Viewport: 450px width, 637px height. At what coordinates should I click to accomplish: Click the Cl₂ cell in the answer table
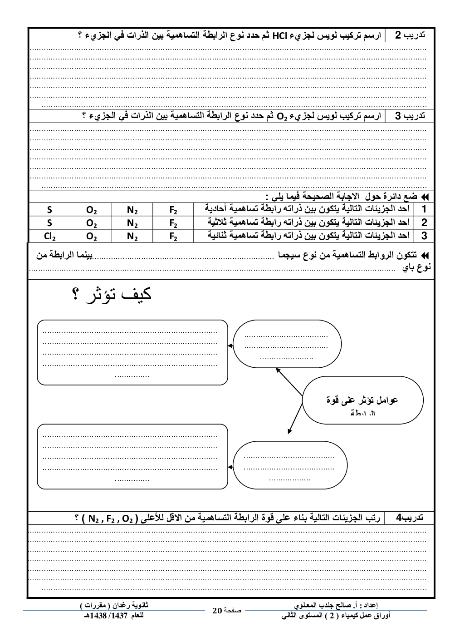pos(49,236)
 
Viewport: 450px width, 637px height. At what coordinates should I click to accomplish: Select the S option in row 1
pos(49,210)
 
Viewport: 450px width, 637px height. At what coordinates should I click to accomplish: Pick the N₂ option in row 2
pos(132,223)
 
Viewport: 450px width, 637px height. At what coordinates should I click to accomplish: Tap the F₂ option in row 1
pos(173,210)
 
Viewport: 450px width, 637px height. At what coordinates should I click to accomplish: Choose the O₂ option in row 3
pos(91,236)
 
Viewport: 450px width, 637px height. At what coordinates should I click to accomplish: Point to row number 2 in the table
pos(424,222)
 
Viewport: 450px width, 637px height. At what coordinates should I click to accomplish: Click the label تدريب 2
pos(410,35)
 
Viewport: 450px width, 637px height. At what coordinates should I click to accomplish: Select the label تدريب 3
pos(410,116)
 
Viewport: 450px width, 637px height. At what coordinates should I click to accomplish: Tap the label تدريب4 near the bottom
pos(410,518)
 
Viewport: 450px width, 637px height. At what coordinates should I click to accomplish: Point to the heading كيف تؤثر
pos(112,294)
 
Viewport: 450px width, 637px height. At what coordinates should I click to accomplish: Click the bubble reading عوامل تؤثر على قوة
pos(362,400)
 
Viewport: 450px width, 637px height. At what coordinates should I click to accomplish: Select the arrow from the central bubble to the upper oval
pos(289,384)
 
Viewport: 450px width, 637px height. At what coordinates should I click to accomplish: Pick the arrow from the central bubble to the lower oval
pos(295,416)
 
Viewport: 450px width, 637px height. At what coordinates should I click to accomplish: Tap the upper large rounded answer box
pos(132,352)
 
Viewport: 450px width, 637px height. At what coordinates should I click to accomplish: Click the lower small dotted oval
pos(290,465)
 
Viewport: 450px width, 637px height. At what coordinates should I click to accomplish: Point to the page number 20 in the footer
pos(217,611)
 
